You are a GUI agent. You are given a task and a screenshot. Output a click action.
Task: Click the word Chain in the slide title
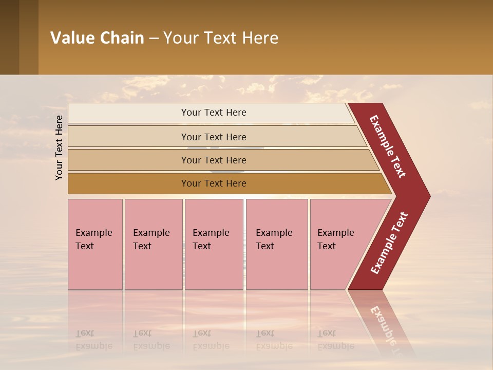(x=122, y=38)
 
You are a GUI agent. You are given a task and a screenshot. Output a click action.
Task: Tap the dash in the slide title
(x=154, y=39)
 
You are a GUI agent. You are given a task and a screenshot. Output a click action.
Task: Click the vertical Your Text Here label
(x=59, y=147)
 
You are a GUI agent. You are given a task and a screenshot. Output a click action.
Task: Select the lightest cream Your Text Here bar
(x=213, y=113)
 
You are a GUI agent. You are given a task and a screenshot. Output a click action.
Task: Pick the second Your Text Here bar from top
(x=213, y=137)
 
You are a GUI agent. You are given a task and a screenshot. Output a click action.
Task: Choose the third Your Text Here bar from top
(x=213, y=160)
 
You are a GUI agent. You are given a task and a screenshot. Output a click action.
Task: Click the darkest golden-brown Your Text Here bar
(x=213, y=183)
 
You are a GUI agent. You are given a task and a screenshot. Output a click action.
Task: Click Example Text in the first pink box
(x=93, y=239)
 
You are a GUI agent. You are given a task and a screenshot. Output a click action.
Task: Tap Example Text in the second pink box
(x=151, y=239)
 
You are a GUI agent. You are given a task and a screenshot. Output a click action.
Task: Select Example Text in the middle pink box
(x=211, y=239)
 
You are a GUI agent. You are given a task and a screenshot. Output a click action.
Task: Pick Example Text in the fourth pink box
(x=274, y=239)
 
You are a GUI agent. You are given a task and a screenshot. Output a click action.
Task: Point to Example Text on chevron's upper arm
(x=388, y=146)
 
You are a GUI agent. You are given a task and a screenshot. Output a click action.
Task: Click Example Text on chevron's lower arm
(x=389, y=243)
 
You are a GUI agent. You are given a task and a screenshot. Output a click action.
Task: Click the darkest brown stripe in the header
(x=9, y=37)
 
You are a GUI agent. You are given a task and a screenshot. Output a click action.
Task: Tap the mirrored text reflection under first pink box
(x=93, y=340)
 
